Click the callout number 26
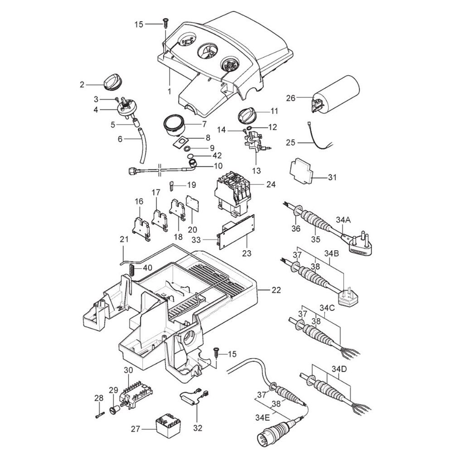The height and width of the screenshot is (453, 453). [x=290, y=98]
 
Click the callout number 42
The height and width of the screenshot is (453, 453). [x=204, y=155]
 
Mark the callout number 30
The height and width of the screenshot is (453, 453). [x=129, y=370]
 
